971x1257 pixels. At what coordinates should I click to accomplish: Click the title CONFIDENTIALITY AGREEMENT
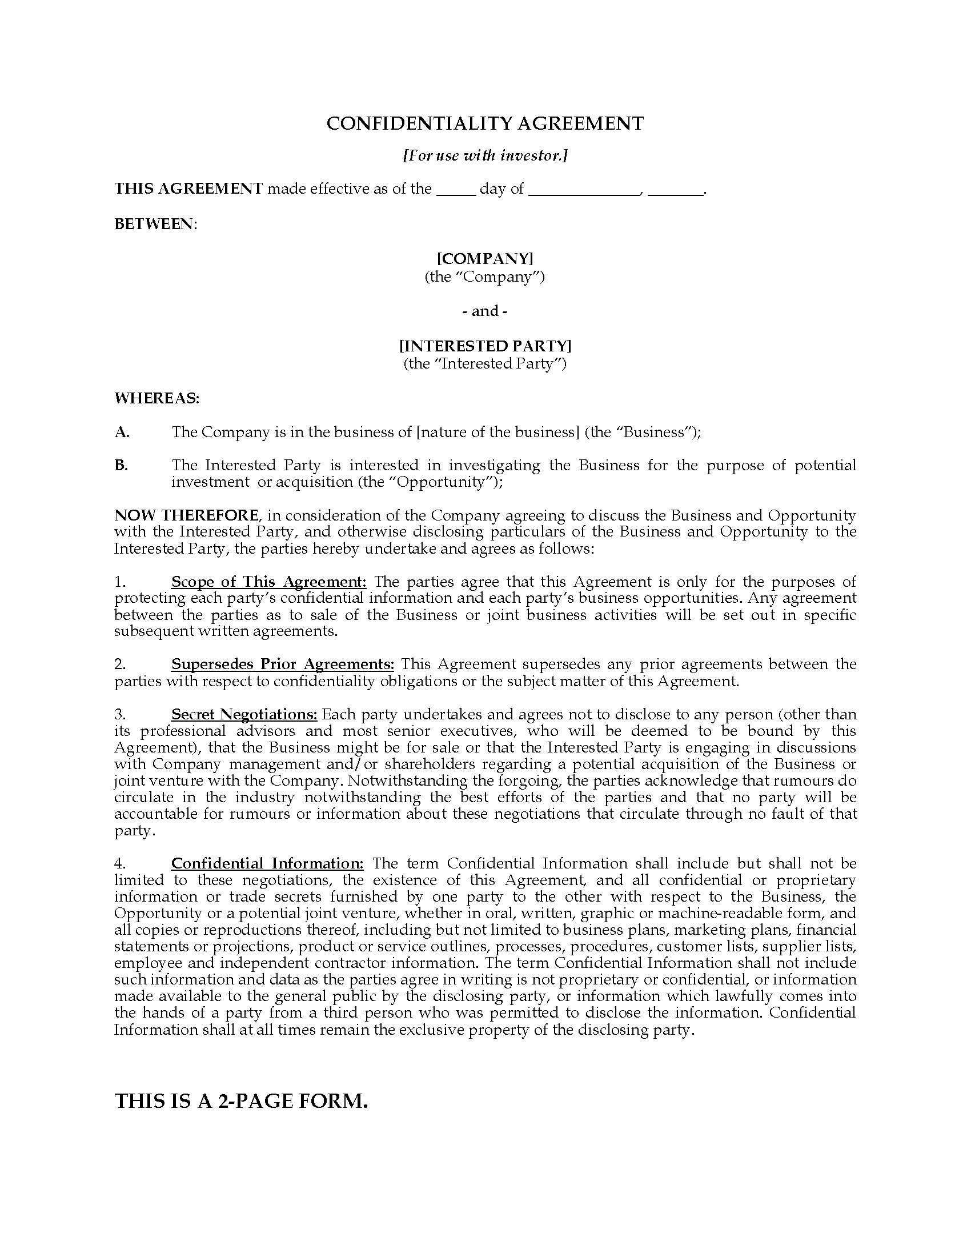click(x=485, y=123)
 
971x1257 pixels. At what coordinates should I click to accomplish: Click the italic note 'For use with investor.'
click(x=485, y=155)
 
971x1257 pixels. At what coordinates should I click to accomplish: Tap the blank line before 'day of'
click(x=456, y=191)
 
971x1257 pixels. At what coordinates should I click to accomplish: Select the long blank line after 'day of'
click(x=583, y=191)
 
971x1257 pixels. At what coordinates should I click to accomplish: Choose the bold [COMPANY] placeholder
click(x=485, y=258)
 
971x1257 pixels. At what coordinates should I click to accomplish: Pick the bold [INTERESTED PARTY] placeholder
click(x=485, y=345)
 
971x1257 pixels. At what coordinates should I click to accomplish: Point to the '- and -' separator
click(x=485, y=311)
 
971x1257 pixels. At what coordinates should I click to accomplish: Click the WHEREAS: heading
click(x=157, y=398)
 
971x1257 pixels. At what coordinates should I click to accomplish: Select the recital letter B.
click(x=121, y=465)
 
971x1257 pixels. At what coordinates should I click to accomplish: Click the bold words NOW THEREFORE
click(x=186, y=515)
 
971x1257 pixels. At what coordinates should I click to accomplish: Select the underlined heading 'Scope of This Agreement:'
click(x=268, y=582)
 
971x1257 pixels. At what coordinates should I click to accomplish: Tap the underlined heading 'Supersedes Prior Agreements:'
click(x=282, y=664)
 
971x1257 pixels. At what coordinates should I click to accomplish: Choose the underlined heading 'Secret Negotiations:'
click(x=244, y=714)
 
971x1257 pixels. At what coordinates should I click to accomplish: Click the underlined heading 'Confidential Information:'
click(x=267, y=863)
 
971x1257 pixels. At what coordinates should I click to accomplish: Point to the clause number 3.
click(x=119, y=714)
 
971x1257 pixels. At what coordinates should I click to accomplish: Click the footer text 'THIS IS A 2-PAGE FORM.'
click(x=241, y=1100)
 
